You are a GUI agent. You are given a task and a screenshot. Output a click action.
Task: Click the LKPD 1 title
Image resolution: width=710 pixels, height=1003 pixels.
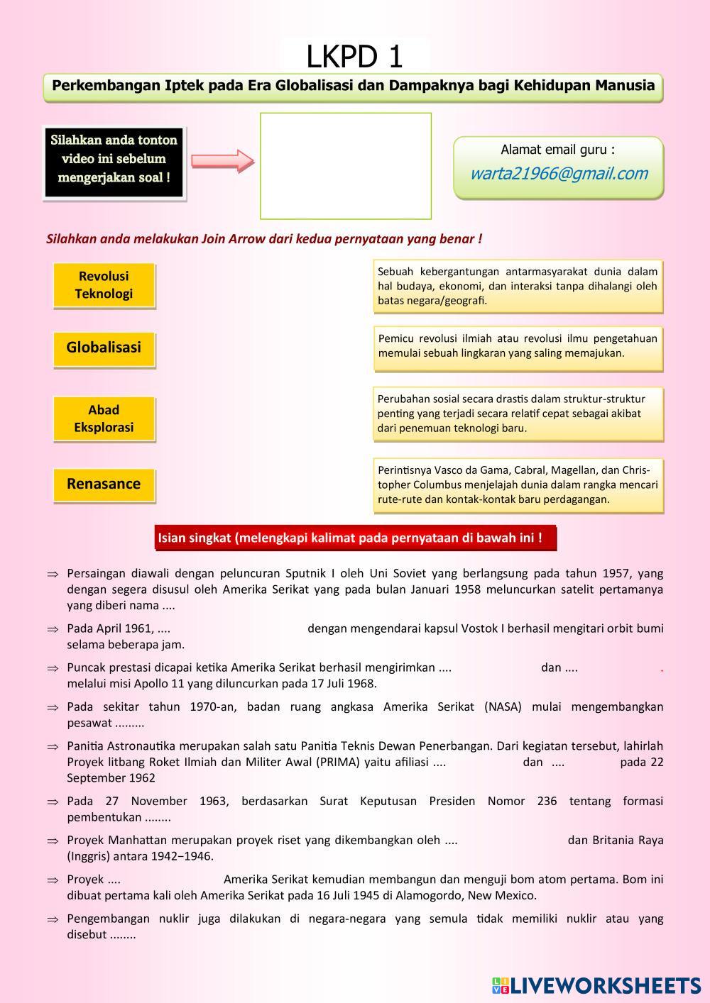[x=355, y=56]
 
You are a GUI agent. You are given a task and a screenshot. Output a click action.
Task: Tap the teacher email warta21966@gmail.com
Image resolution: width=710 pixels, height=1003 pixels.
[x=559, y=174]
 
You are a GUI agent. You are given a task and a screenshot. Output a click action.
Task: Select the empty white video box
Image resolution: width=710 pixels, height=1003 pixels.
[x=346, y=166]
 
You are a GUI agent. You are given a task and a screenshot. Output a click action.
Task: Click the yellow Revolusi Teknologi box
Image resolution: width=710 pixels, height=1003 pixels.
[x=104, y=285]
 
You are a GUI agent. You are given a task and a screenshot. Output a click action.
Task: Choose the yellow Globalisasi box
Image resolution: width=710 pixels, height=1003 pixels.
[x=104, y=348]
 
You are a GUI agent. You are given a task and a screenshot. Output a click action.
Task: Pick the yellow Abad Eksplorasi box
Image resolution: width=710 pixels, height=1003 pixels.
[x=104, y=419]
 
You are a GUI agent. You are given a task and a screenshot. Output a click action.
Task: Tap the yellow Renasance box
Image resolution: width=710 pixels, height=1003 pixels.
[x=104, y=484]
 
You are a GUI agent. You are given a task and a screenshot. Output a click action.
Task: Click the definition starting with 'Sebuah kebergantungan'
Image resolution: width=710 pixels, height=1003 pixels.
[x=518, y=286]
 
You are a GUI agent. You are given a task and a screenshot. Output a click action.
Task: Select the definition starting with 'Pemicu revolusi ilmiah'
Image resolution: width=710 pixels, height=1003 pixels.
[x=518, y=346]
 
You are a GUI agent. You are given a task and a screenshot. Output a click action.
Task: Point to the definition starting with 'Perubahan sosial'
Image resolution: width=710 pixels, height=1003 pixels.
[x=518, y=414]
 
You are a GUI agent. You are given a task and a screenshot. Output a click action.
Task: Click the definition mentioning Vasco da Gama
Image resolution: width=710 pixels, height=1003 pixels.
[x=518, y=484]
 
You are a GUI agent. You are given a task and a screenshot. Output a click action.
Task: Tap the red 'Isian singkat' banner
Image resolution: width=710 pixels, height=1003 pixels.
[x=354, y=538]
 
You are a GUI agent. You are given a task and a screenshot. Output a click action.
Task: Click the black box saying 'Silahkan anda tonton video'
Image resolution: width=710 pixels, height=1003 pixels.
[x=114, y=159]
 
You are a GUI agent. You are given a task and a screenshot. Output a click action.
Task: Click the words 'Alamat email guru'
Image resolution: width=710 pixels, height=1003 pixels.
[x=558, y=150]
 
